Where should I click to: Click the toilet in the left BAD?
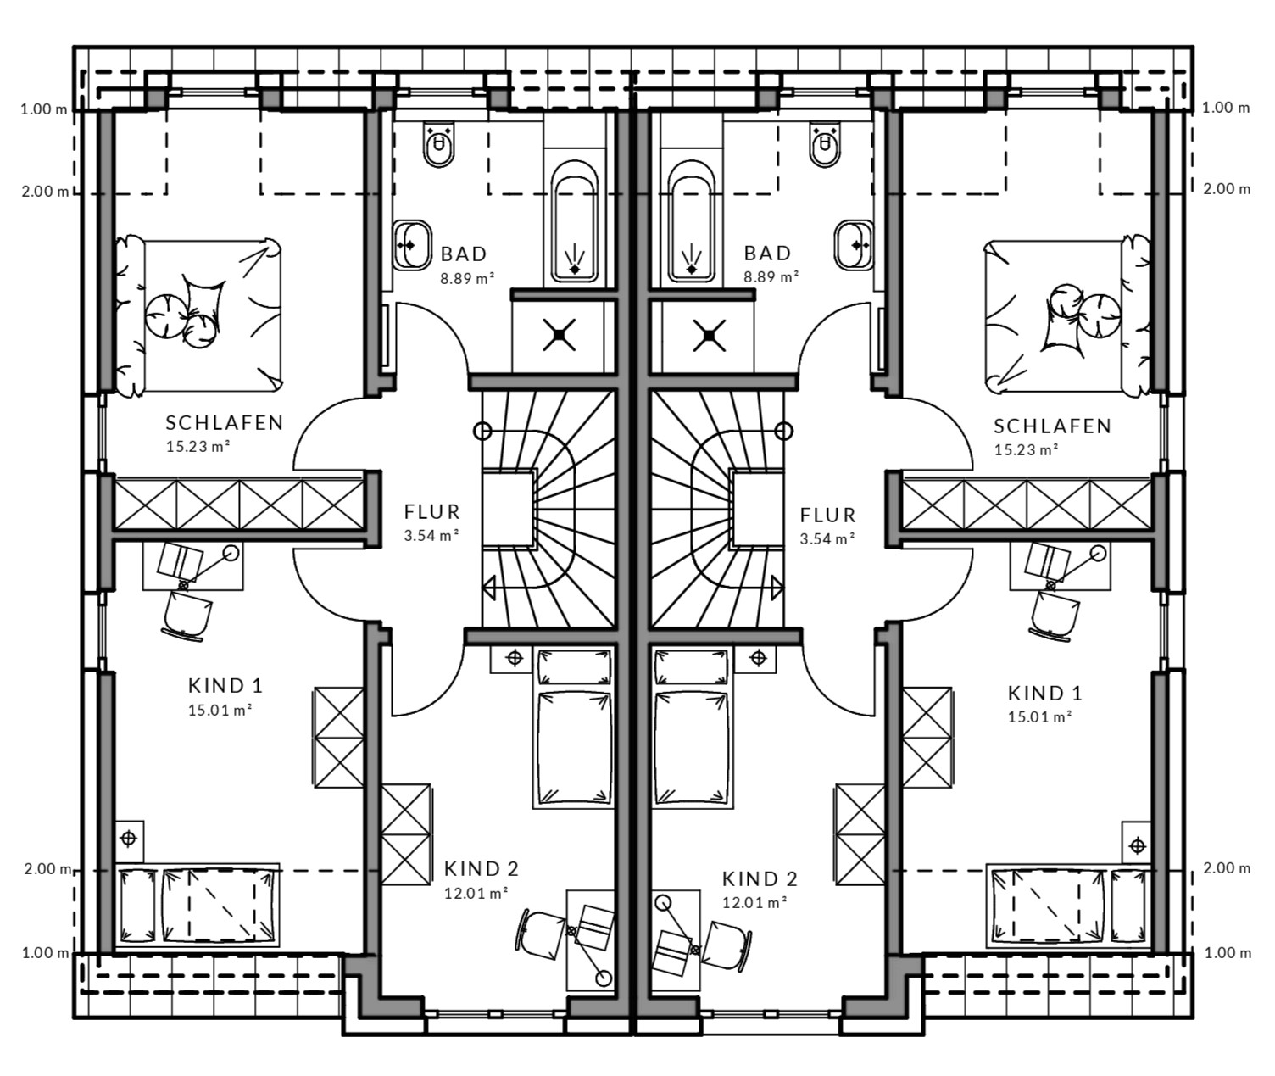[438, 144]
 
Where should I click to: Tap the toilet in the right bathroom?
[825, 144]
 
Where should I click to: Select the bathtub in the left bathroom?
[574, 221]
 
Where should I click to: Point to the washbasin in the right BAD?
[854, 245]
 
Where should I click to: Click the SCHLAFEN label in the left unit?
[225, 422]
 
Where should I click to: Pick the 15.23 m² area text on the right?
[1026, 450]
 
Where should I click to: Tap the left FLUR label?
[431, 512]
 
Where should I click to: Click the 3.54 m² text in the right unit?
[827, 538]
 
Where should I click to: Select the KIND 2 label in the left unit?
[482, 868]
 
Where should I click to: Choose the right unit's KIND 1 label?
[1044, 693]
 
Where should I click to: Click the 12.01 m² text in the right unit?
[754, 902]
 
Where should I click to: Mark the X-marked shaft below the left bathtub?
[560, 335]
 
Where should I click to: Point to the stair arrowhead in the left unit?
[488, 589]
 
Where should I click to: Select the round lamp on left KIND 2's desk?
[604, 978]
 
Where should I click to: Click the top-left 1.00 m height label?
[44, 110]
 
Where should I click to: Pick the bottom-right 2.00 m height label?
[1227, 867]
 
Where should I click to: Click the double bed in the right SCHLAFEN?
[1066, 315]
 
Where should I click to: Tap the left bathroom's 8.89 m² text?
[467, 278]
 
